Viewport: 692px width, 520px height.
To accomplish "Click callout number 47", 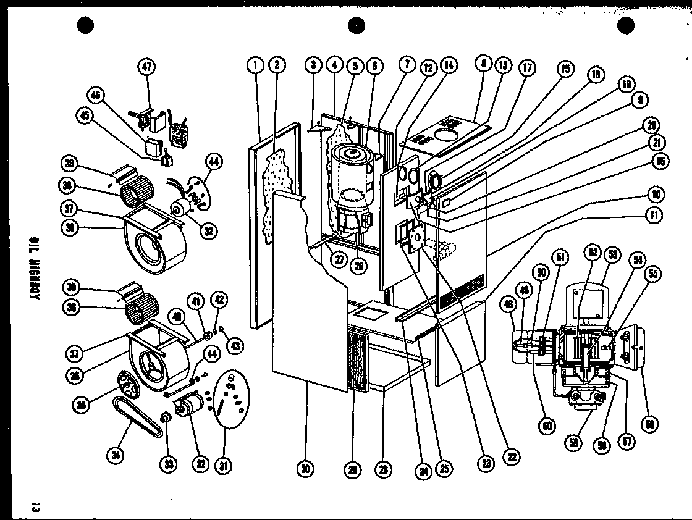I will (x=148, y=69).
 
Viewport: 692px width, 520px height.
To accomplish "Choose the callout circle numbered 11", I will (x=653, y=215).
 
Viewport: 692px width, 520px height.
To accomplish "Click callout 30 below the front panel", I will (x=305, y=469).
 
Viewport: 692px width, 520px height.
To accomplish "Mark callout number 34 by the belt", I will (x=116, y=456).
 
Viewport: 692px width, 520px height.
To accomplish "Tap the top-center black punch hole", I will (x=357, y=25).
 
